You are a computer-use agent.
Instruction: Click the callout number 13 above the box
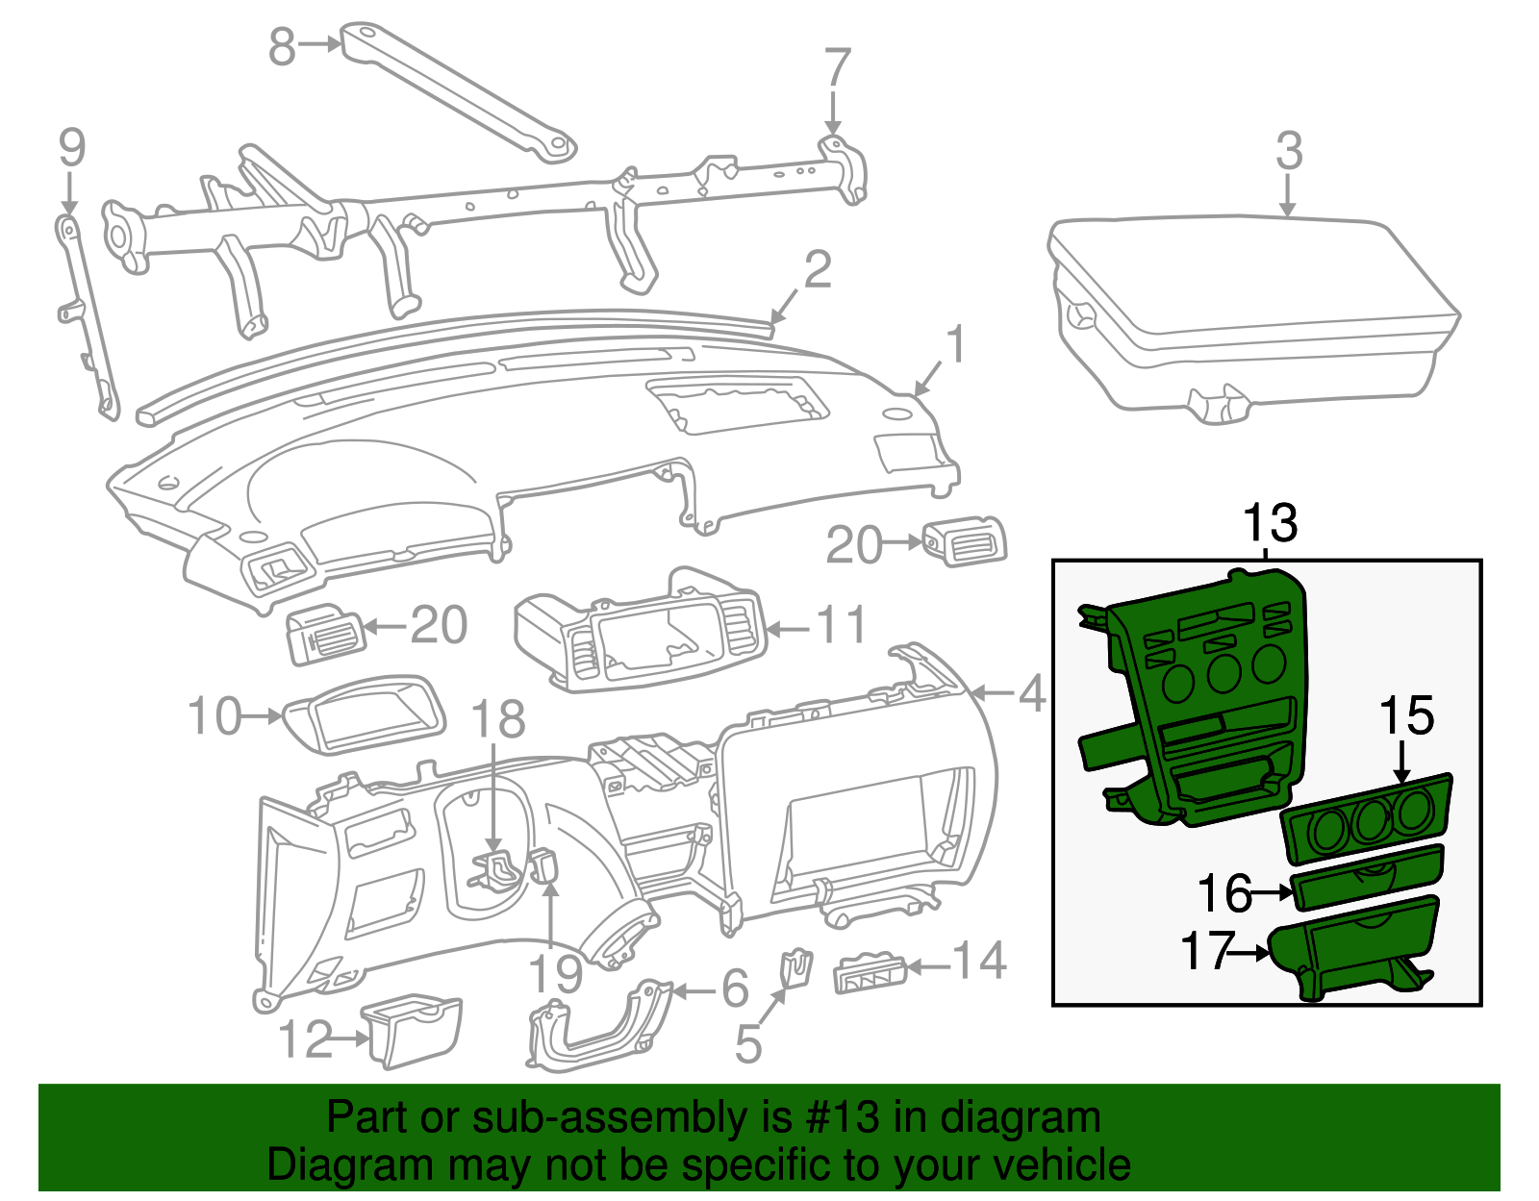click(1270, 524)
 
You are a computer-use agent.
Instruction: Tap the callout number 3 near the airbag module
click(1289, 152)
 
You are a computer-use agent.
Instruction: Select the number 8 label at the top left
click(281, 46)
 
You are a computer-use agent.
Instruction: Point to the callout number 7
click(838, 68)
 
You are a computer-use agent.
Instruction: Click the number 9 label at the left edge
click(72, 148)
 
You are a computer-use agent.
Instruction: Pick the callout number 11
click(842, 626)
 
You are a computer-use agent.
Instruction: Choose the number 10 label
click(214, 716)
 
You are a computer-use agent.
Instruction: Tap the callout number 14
click(980, 961)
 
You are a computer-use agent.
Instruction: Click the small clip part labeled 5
click(795, 966)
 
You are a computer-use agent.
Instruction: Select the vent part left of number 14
click(870, 974)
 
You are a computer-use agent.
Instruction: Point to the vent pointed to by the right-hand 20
click(965, 543)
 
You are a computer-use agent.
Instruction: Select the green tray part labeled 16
click(1366, 877)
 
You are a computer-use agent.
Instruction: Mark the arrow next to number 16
click(1274, 893)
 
